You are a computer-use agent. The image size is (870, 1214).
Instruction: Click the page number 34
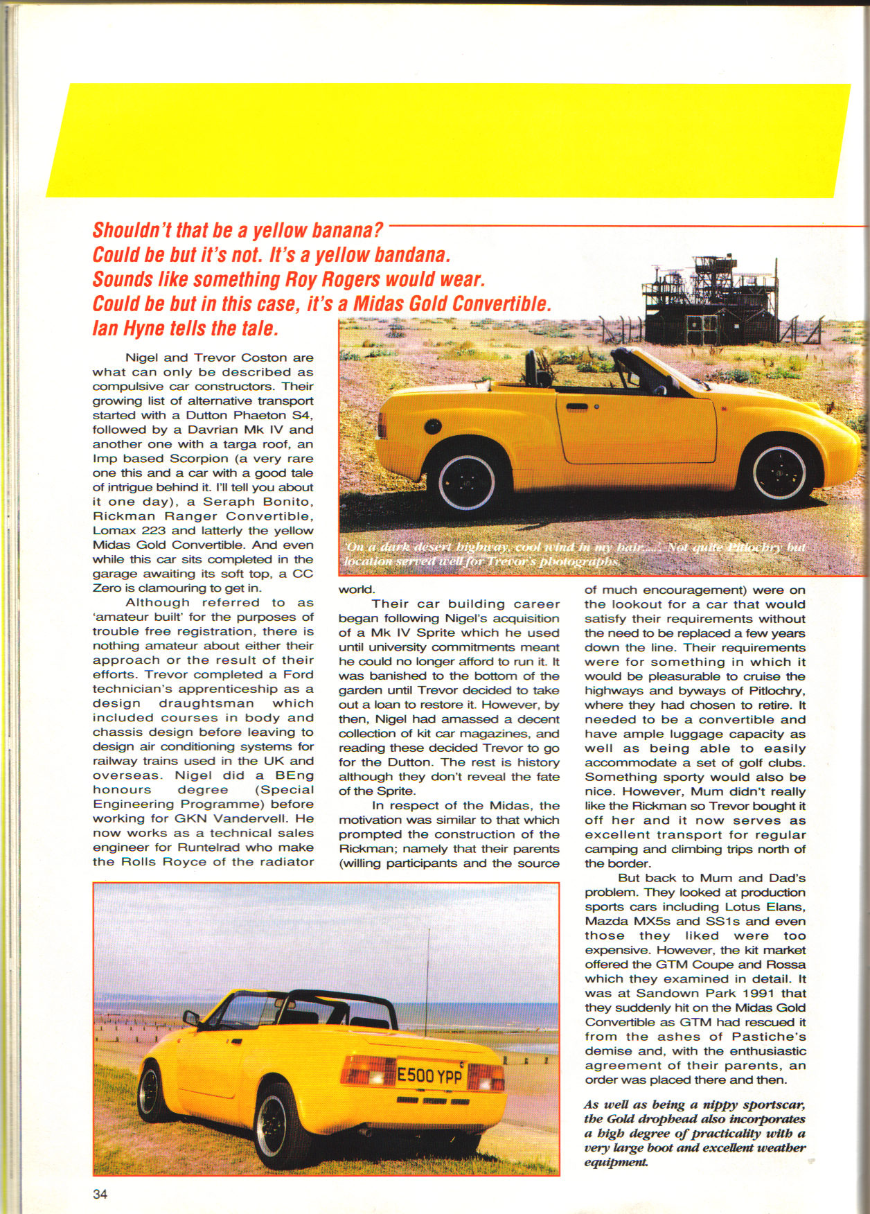(100, 1194)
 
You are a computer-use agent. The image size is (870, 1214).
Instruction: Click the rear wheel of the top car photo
(466, 480)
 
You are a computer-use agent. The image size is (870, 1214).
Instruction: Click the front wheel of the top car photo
(779, 472)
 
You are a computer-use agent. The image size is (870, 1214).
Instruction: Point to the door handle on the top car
(577, 407)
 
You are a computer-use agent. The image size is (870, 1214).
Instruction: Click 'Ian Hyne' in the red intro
(127, 328)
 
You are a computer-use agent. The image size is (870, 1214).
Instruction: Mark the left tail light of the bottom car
(367, 1071)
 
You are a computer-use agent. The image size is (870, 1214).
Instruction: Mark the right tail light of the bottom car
(486, 1078)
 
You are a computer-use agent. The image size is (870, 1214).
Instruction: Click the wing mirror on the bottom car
(191, 1018)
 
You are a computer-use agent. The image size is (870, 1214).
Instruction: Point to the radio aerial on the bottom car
(429, 970)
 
